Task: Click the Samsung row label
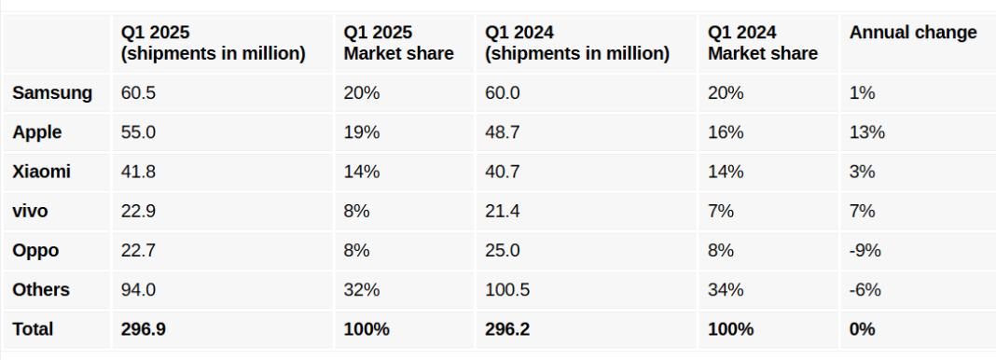(x=52, y=93)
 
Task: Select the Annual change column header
(x=913, y=33)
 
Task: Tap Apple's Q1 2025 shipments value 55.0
(x=138, y=132)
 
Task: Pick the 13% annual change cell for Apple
(x=866, y=132)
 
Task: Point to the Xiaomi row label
(x=42, y=172)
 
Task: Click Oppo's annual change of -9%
(x=865, y=251)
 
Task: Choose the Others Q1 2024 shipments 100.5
(x=507, y=290)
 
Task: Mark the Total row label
(x=33, y=329)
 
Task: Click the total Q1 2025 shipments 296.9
(x=143, y=329)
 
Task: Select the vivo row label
(x=30, y=212)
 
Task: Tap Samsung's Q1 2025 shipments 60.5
(x=138, y=93)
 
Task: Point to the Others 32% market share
(x=362, y=290)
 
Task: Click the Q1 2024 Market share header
(x=762, y=43)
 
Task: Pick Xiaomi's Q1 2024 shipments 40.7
(x=503, y=172)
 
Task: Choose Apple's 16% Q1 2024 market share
(x=726, y=132)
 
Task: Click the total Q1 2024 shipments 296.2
(x=507, y=329)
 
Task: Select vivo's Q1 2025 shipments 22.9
(x=138, y=212)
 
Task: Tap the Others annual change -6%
(x=865, y=290)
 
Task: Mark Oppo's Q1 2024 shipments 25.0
(x=503, y=251)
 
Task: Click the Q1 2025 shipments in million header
(x=213, y=43)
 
